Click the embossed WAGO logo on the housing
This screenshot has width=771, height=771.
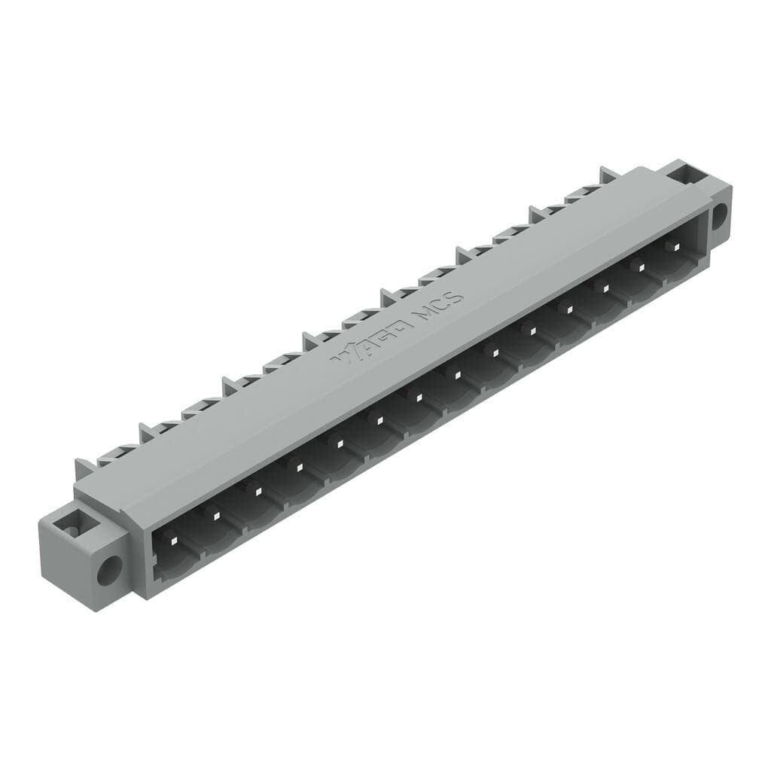(x=372, y=343)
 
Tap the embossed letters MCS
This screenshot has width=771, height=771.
(x=439, y=303)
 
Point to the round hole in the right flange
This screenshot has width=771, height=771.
(x=718, y=215)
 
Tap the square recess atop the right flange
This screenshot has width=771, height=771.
(x=686, y=175)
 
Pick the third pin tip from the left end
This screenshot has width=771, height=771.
(x=258, y=491)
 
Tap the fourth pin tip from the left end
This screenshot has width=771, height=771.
(x=299, y=468)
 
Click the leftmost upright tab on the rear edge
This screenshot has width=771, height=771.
(x=82, y=468)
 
